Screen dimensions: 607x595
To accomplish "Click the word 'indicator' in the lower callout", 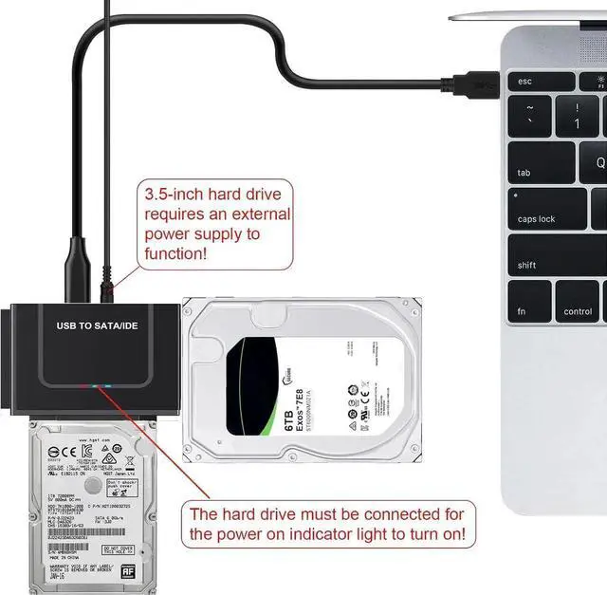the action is click(x=337, y=535).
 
